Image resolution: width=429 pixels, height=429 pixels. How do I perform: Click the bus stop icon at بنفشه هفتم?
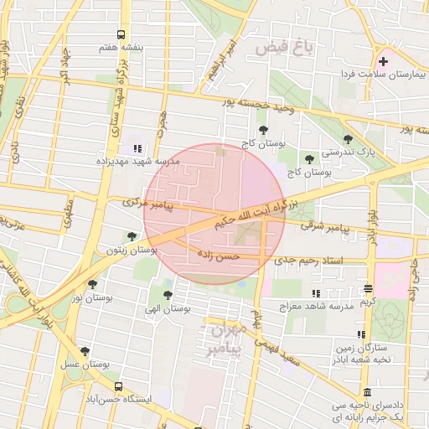[x=121, y=35]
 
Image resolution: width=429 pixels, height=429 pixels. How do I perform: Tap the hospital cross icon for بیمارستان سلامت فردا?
[x=383, y=61]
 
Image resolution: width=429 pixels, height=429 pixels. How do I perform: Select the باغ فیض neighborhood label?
[x=290, y=48]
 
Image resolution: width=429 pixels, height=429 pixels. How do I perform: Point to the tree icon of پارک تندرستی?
[x=348, y=139]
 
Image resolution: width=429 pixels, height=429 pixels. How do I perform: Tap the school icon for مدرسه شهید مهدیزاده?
[x=137, y=149]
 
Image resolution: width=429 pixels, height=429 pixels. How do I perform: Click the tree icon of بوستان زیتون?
[x=131, y=237]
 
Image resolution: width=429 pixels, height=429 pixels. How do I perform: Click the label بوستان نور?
[x=92, y=297]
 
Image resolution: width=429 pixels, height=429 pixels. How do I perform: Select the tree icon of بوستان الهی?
[x=168, y=295]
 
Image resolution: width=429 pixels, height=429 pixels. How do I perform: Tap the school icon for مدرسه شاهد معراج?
[x=316, y=293]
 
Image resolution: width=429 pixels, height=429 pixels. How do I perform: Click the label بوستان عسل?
[x=85, y=364]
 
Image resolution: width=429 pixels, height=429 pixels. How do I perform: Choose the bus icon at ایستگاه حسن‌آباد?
[x=118, y=387]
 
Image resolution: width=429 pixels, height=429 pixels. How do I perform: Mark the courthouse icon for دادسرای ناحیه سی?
[x=368, y=394]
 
